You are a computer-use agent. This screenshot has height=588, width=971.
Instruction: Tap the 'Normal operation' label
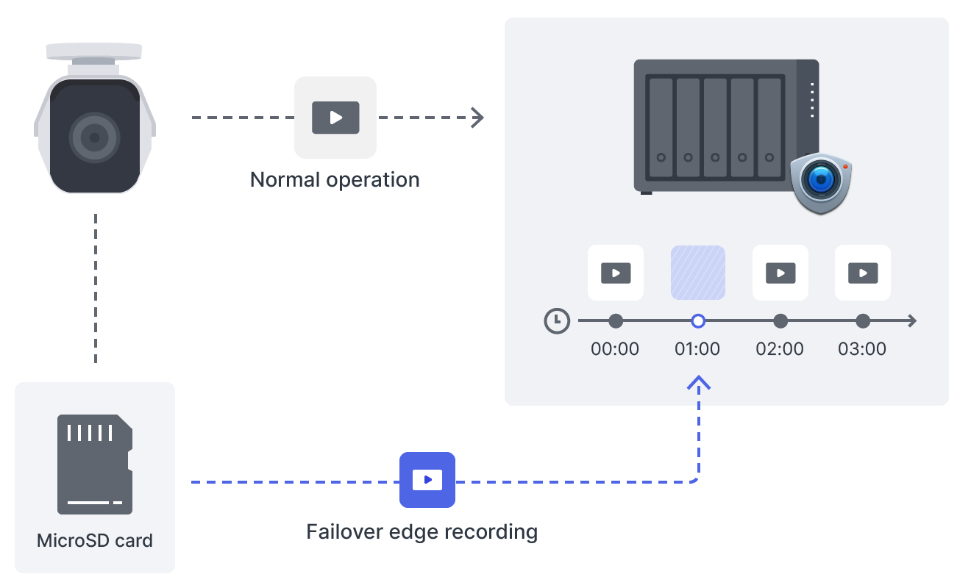335,179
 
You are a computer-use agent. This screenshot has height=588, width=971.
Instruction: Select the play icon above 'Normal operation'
335,118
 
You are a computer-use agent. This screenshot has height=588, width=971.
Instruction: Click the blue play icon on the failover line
427,480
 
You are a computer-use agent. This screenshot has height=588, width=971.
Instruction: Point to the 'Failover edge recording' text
422,531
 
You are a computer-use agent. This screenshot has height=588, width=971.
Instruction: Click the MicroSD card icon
95,464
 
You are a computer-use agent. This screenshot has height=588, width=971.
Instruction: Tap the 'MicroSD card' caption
95,541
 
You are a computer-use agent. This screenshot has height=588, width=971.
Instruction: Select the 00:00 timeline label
615,348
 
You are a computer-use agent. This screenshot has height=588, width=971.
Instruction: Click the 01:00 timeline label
697,348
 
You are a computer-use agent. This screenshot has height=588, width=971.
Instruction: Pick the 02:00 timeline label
780,348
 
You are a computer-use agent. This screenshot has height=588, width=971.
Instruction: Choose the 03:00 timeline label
862,348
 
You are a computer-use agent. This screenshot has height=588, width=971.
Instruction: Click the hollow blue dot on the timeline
699,321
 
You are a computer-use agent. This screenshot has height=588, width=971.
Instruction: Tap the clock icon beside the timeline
557,321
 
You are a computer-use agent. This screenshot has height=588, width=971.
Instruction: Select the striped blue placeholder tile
698,273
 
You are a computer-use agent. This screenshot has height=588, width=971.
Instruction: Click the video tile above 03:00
863,273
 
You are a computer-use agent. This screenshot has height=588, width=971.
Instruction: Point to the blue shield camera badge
820,183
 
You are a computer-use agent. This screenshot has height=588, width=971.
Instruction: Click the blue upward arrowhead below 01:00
699,382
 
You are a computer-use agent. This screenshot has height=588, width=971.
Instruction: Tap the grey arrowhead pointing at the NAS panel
478,118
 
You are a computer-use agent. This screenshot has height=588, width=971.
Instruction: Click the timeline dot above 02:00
781,321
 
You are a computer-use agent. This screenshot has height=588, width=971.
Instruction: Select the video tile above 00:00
616,273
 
